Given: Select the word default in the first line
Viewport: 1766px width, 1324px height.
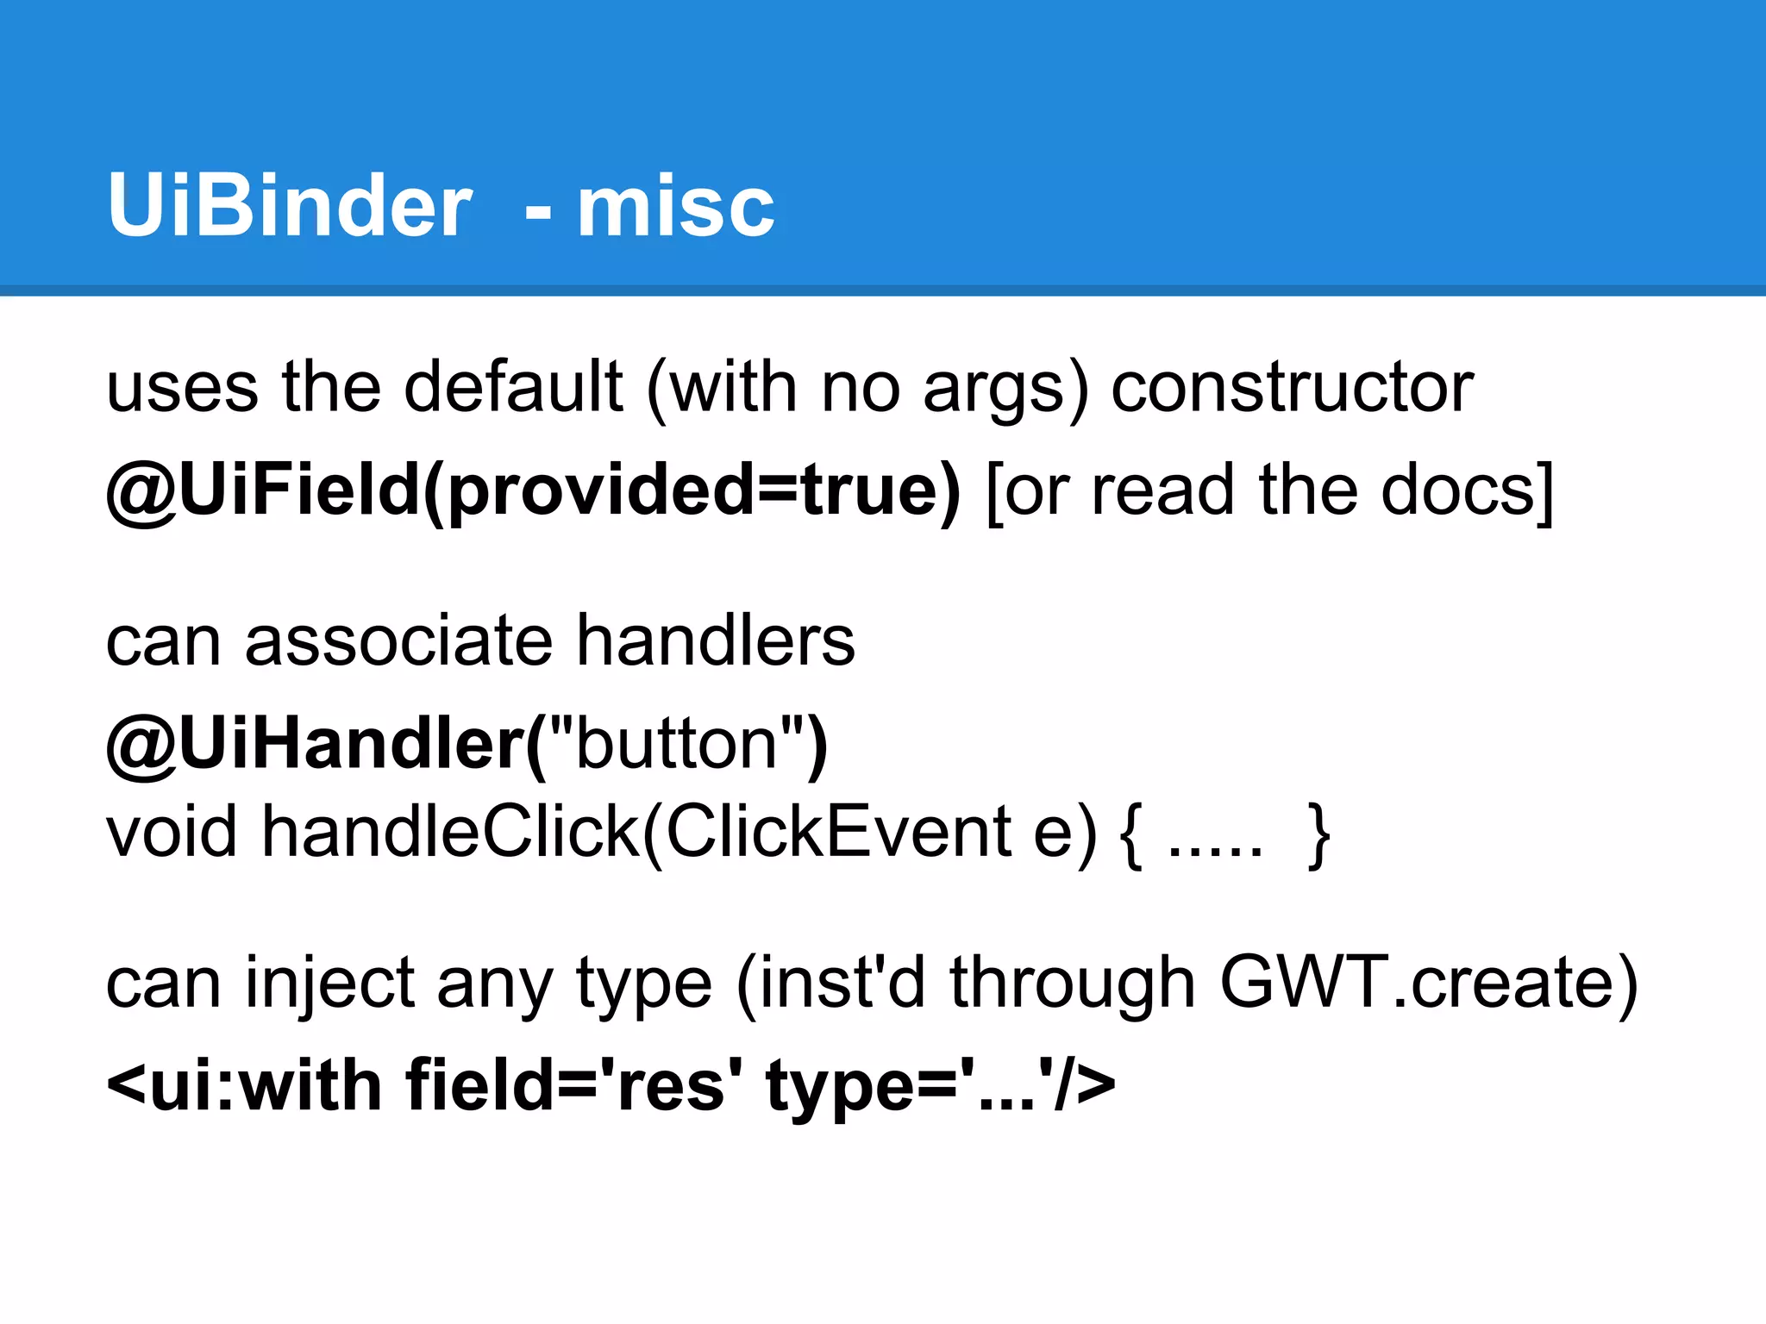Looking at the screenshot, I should click(513, 387).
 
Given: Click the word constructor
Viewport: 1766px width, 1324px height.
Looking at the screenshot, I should click(1292, 387).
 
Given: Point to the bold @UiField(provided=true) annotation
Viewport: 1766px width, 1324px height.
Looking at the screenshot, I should click(533, 490).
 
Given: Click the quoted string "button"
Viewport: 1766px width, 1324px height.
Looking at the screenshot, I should click(678, 744).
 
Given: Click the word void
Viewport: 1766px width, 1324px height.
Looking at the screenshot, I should click(171, 831).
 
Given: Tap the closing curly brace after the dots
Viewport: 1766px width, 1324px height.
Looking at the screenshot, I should click(1318, 834).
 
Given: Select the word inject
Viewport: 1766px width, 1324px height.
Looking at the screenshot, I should click(330, 984).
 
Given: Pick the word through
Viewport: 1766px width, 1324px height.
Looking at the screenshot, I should click(1072, 984).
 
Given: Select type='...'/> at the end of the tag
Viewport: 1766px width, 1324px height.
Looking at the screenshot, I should click(940, 1085).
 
